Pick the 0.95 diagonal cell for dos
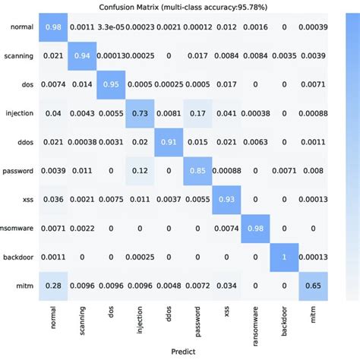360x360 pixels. click(110, 84)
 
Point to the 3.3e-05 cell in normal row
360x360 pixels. click(110, 28)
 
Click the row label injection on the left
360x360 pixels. click(20, 113)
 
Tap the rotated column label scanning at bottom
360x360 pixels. click(81, 318)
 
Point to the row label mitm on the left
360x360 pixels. click(24, 283)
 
